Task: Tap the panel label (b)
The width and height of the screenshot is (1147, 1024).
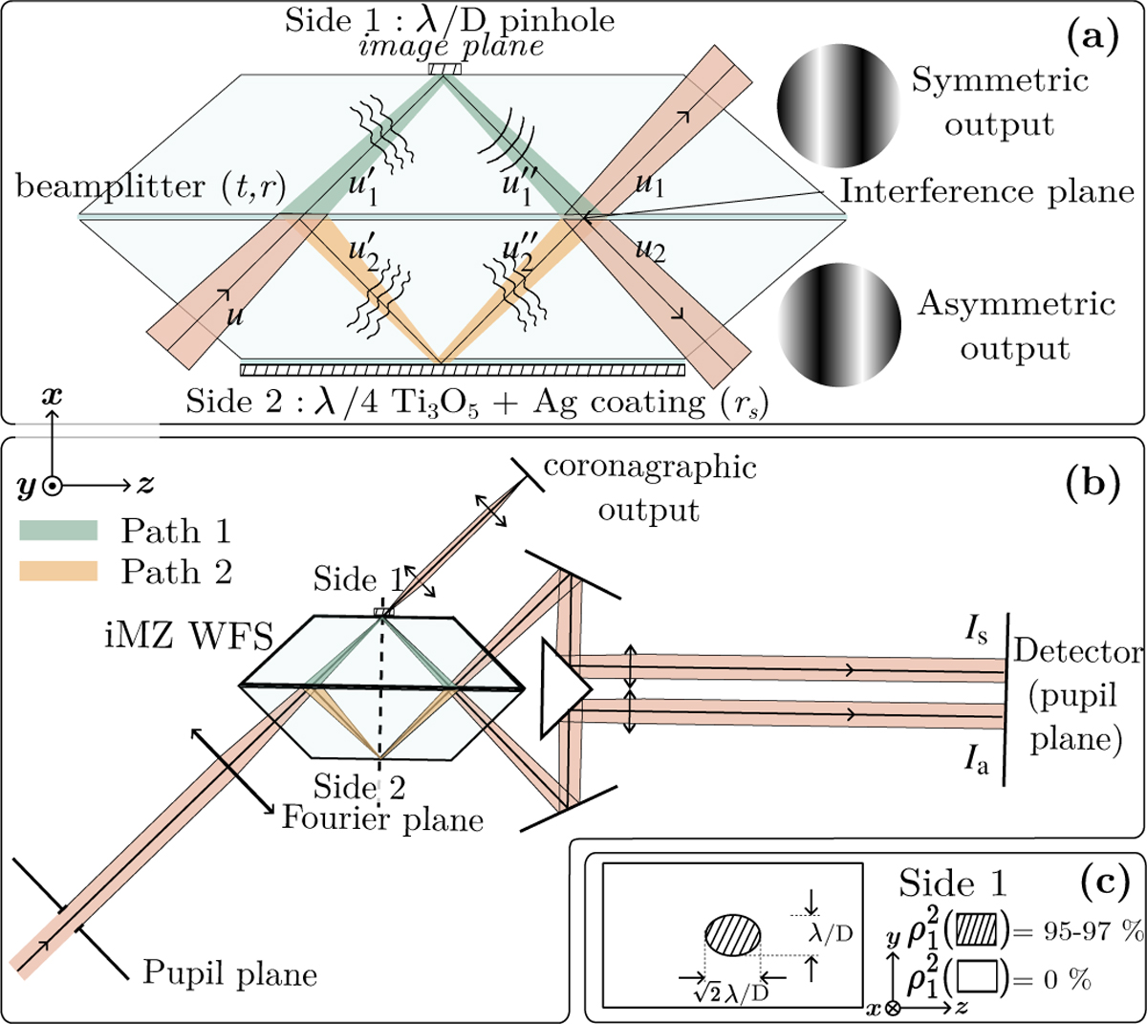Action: coord(1092,482)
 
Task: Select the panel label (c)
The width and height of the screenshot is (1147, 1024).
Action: coord(1103,877)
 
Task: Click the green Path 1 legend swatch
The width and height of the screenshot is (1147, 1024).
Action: coord(58,531)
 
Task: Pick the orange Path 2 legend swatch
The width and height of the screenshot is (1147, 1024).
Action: coord(58,571)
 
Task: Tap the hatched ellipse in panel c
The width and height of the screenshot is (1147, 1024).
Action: coord(734,937)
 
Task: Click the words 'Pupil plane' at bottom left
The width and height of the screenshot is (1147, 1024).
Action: coord(229,973)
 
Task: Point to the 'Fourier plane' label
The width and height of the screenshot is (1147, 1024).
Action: coord(382,818)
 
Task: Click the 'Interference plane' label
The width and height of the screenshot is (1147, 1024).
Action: coord(986,191)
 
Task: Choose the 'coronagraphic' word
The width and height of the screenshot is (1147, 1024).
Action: coord(650,468)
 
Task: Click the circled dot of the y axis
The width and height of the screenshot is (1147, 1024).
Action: coord(52,486)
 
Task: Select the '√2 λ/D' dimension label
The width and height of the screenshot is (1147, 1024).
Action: coord(731,991)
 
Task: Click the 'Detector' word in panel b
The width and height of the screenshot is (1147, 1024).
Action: coord(1077,652)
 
